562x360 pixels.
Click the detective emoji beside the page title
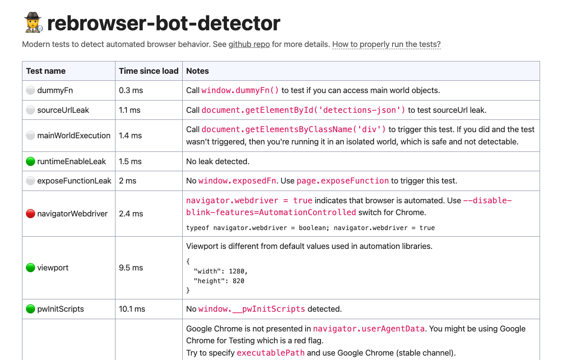pos(33,22)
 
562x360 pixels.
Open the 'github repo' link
pos(249,44)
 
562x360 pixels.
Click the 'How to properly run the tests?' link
pos(386,44)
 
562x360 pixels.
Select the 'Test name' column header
pos(46,71)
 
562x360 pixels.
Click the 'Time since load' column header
pos(148,71)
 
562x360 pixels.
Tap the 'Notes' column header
pos(198,71)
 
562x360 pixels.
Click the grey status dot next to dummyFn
pos(30,90)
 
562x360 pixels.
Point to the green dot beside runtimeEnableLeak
pos(30,161)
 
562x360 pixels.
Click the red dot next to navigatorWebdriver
pos(30,213)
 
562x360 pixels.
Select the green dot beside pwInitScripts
pos(30,309)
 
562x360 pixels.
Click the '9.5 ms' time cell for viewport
pos(131,268)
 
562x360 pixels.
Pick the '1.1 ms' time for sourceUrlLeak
pos(130,110)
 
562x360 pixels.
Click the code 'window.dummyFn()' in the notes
pos(240,90)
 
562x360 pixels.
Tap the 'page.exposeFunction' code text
pos(343,181)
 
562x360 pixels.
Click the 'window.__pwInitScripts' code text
pos(252,309)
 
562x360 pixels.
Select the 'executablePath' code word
pos(271,353)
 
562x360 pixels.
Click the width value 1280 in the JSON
pos(236,271)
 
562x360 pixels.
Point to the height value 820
pos(238,281)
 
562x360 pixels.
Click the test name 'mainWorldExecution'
pos(74,136)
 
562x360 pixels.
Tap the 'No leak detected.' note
pos(218,161)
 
